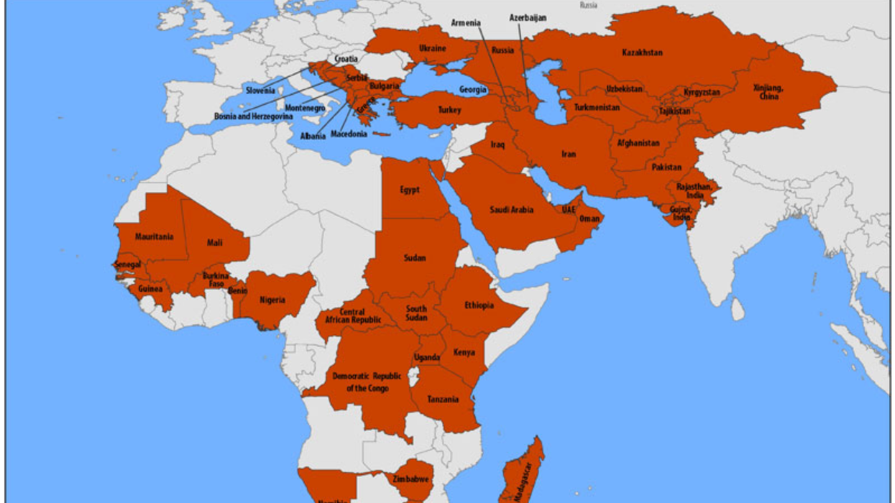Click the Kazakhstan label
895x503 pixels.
(x=642, y=52)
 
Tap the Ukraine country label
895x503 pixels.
(x=433, y=49)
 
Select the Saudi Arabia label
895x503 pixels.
(x=512, y=210)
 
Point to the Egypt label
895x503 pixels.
(x=410, y=190)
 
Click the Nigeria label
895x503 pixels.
(x=272, y=300)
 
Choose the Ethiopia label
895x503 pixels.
(x=479, y=305)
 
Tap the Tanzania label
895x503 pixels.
(x=443, y=400)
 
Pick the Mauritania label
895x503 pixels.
(x=154, y=236)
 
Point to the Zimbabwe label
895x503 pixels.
(x=411, y=479)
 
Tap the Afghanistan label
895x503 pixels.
(x=638, y=143)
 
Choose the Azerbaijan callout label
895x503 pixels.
(x=528, y=17)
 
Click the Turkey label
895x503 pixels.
(x=449, y=111)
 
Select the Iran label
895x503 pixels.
(x=569, y=154)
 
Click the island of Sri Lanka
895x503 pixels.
(x=738, y=310)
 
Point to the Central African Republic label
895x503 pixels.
(x=353, y=316)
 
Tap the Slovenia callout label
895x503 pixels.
(x=260, y=91)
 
